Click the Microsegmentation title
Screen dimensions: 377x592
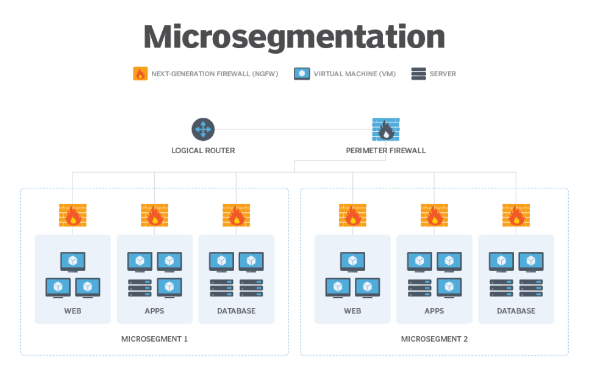(x=294, y=37)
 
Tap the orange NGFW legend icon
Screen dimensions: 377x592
(x=140, y=74)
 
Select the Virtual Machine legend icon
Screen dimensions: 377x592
(x=302, y=74)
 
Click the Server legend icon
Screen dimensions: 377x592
(x=418, y=74)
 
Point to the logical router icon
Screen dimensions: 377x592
(x=202, y=129)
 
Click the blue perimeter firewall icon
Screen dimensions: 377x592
(x=385, y=129)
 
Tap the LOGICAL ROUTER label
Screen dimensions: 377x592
(x=203, y=151)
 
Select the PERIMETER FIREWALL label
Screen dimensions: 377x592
(x=385, y=151)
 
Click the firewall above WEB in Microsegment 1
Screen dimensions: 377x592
(x=73, y=215)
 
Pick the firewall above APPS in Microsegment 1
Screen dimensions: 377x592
(x=154, y=215)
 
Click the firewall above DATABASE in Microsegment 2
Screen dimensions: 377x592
(x=516, y=215)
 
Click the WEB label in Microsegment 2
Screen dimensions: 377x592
(x=352, y=311)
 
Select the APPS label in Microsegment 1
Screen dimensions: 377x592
(x=154, y=311)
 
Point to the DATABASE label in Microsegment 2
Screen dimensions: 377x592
(x=516, y=311)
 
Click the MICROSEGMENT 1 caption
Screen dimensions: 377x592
(x=154, y=339)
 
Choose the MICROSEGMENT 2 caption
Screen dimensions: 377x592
(x=434, y=339)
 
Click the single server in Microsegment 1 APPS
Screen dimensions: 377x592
(x=140, y=288)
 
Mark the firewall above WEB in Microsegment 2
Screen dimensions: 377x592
(x=352, y=215)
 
